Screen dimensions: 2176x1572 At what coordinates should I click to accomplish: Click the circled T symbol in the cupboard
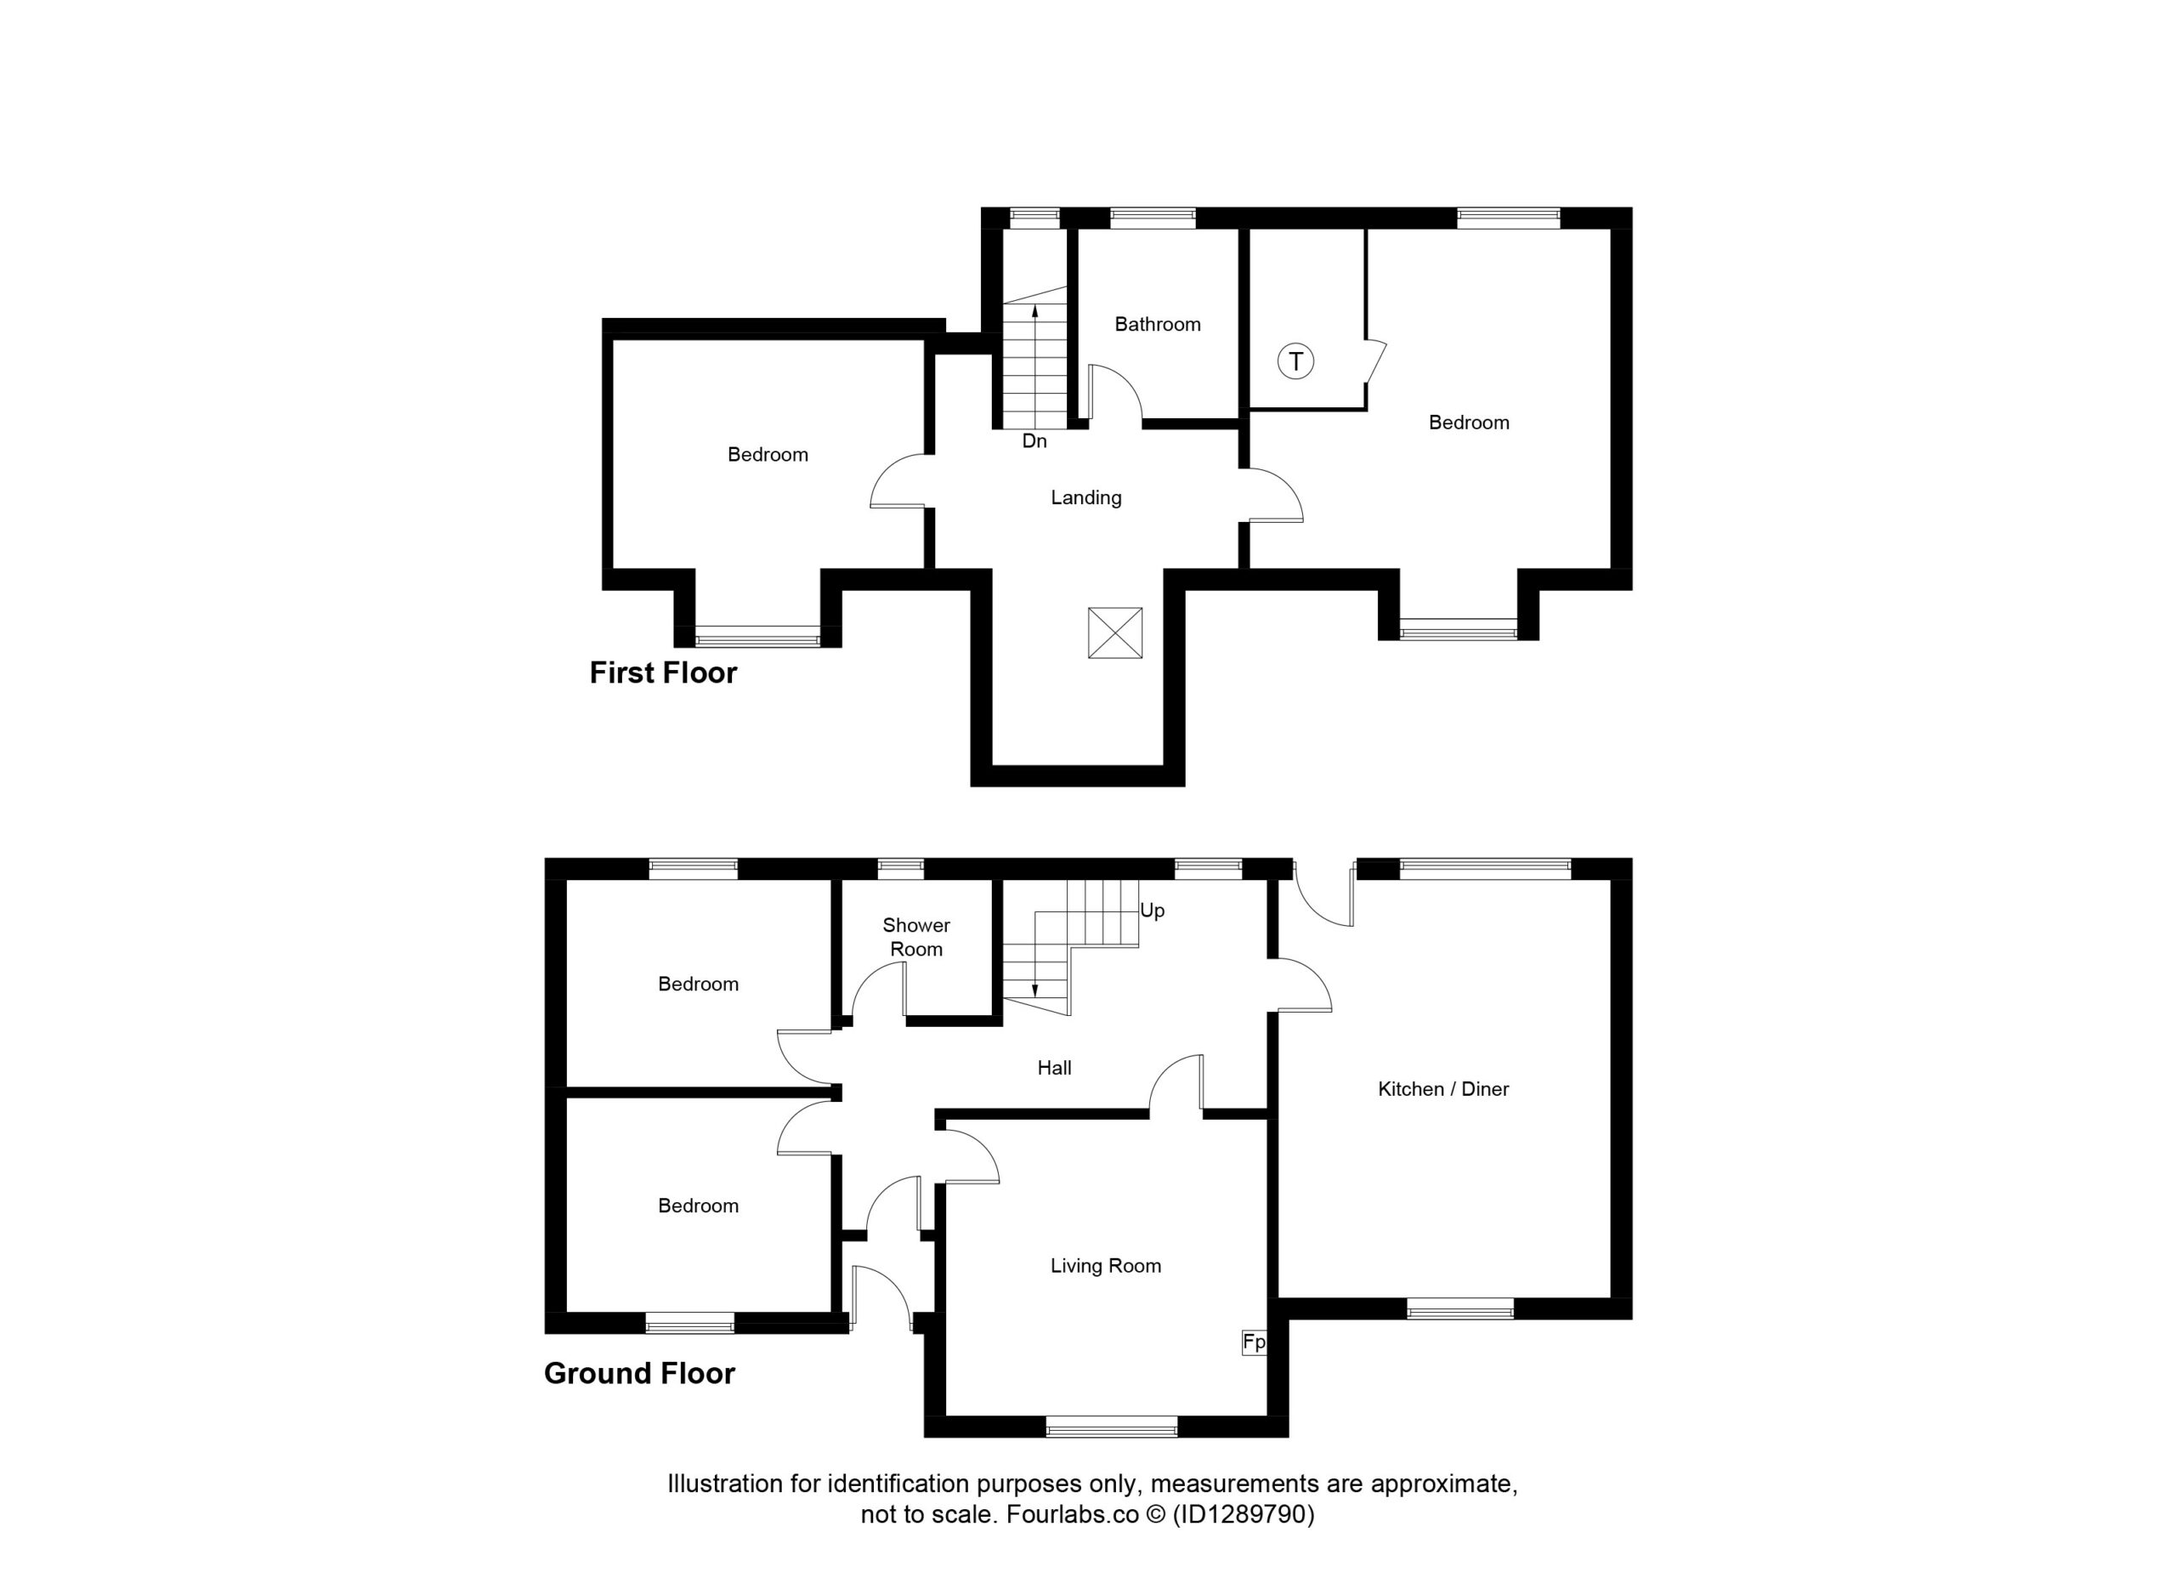(1295, 362)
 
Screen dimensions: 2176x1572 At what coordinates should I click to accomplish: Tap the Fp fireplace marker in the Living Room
(1254, 1342)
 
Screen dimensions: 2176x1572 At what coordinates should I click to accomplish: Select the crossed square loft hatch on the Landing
(1115, 633)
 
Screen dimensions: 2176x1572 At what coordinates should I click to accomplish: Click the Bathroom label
(1157, 325)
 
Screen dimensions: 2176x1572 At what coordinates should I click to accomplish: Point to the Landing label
(1086, 497)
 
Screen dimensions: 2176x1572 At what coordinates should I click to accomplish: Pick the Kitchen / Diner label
(1443, 1088)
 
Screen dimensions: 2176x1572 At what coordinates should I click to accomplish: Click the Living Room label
(1105, 1266)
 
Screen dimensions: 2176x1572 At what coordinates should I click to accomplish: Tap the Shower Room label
(916, 937)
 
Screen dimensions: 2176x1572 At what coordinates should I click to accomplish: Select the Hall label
(1054, 1067)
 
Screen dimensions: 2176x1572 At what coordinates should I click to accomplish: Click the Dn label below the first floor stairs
(1034, 440)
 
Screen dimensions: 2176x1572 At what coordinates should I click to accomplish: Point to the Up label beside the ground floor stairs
(1153, 910)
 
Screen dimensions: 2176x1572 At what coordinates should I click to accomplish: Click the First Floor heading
(663, 672)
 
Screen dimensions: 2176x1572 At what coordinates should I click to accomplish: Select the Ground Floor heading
(639, 1373)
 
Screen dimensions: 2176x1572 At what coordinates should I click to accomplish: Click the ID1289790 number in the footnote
(1244, 1514)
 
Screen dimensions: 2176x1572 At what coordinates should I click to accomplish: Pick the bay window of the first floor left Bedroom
(758, 635)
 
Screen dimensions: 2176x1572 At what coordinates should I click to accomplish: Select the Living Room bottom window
(1111, 1426)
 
